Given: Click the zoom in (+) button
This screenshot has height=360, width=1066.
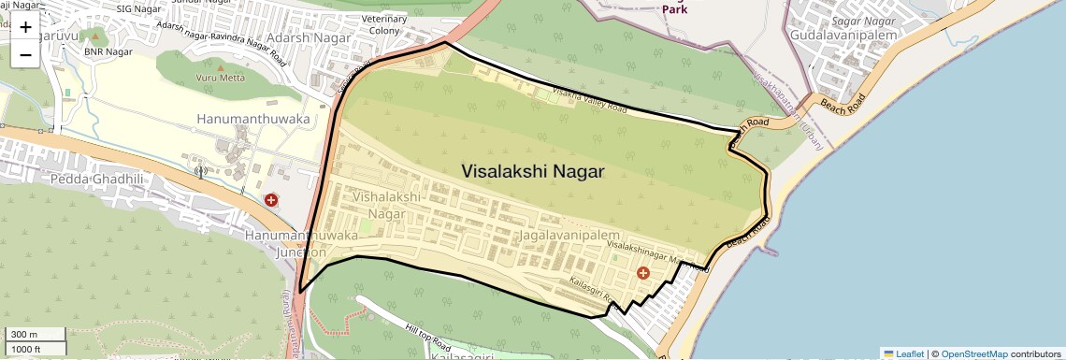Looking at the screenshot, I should (25, 26).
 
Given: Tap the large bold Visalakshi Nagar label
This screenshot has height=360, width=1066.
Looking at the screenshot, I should (533, 171).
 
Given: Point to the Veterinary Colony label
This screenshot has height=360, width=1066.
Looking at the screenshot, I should (384, 24).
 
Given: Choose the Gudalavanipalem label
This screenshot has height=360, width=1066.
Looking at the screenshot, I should (843, 35).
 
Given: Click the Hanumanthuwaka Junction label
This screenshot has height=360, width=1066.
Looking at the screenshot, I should (300, 244).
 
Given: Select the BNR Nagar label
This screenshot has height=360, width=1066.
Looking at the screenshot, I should (106, 52).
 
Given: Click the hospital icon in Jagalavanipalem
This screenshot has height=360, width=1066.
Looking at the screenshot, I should (642, 272).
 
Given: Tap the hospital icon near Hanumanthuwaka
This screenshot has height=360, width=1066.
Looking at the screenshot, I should (271, 199).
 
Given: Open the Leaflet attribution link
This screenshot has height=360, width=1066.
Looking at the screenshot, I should (903, 353).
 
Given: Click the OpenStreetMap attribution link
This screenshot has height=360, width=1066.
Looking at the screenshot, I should (973, 353).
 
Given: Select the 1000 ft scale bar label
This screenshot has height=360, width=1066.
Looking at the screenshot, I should (27, 349).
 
